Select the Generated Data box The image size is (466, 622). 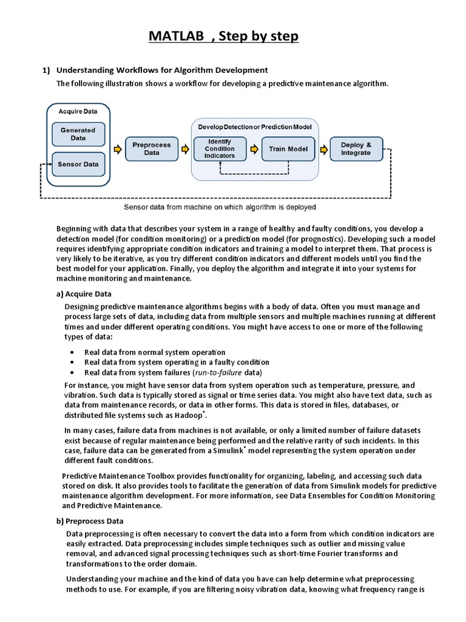click(x=78, y=134)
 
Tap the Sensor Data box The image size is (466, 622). click(x=78, y=164)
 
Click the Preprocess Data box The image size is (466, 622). click(x=152, y=149)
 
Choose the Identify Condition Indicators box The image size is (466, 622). click(x=219, y=149)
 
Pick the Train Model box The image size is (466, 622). click(x=288, y=149)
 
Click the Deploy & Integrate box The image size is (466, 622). click(x=356, y=149)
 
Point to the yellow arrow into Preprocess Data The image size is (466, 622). click(x=116, y=149)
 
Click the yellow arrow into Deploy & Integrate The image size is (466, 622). click(x=323, y=149)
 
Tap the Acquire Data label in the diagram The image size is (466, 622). click(x=78, y=111)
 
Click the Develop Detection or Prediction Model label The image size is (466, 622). click(x=255, y=127)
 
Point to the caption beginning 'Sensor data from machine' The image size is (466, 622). click(x=220, y=207)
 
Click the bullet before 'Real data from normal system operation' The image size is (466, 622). click(x=73, y=352)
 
